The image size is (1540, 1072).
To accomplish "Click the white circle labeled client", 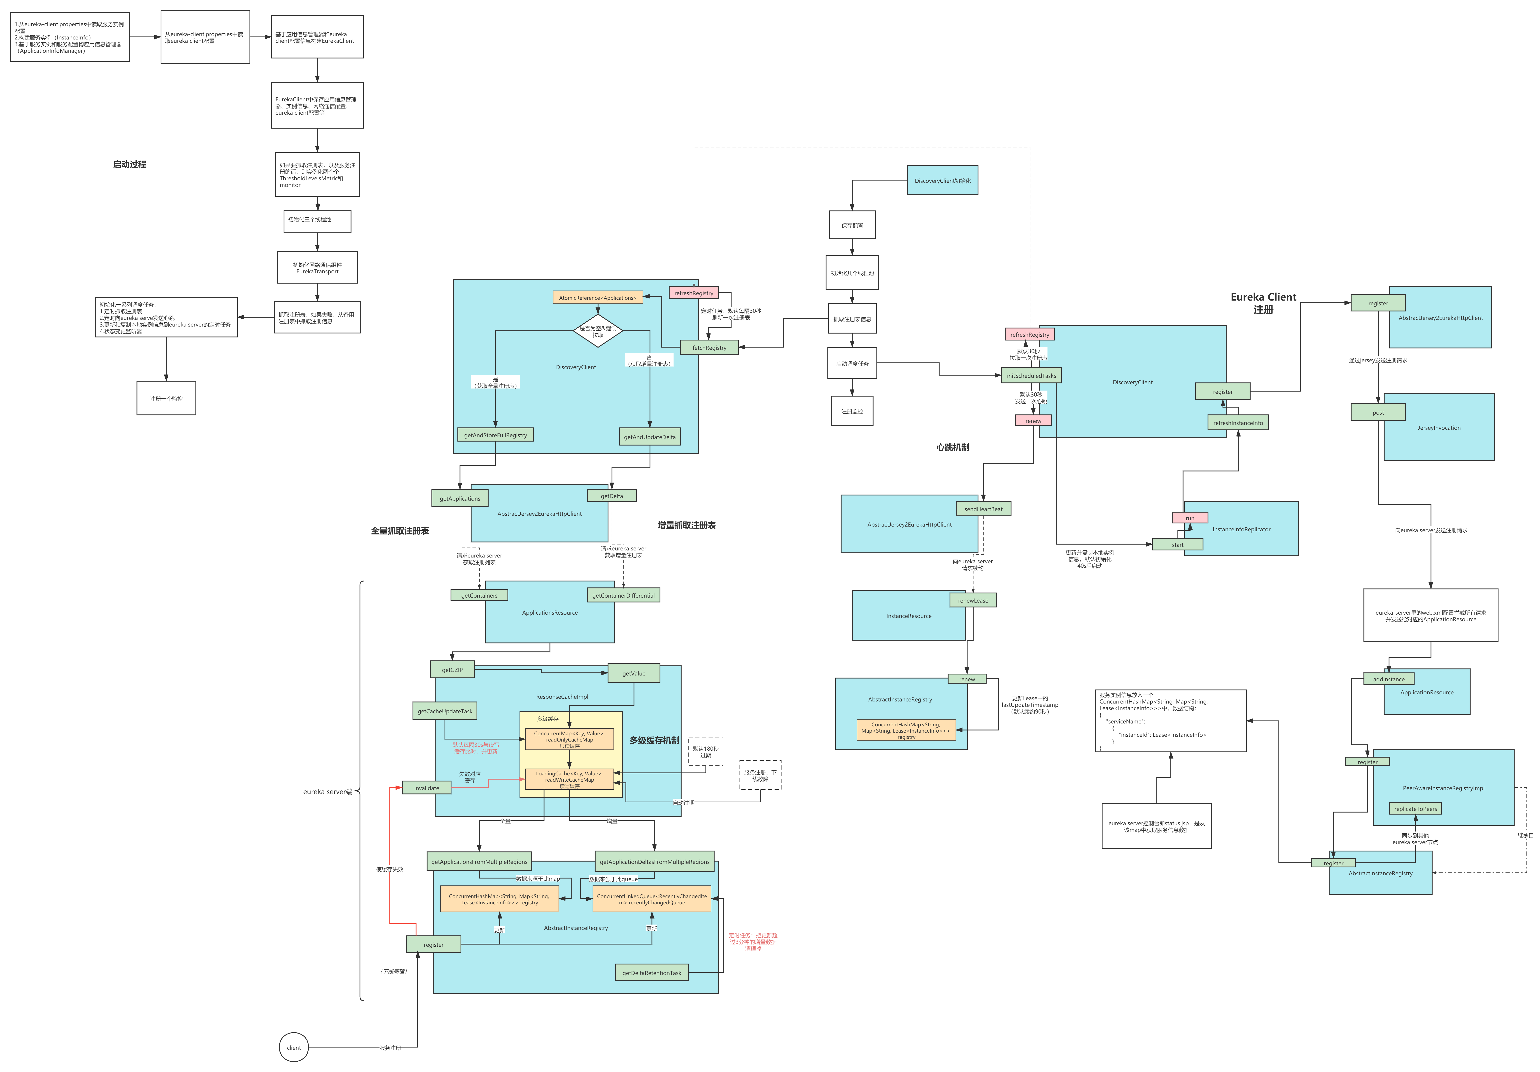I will click(x=294, y=1047).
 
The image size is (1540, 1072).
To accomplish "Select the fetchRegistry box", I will click(x=709, y=348).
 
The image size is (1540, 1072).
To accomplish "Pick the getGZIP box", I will click(x=452, y=669).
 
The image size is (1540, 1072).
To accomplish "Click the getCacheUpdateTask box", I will click(x=445, y=711).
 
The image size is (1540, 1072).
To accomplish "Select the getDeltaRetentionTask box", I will click(x=651, y=973).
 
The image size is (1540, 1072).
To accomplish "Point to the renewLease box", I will click(x=973, y=600).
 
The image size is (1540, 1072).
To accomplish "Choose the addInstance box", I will click(x=1388, y=679).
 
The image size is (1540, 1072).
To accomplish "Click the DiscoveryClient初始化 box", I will click(x=942, y=181).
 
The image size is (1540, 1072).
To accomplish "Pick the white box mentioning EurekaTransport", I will click(x=317, y=268).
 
